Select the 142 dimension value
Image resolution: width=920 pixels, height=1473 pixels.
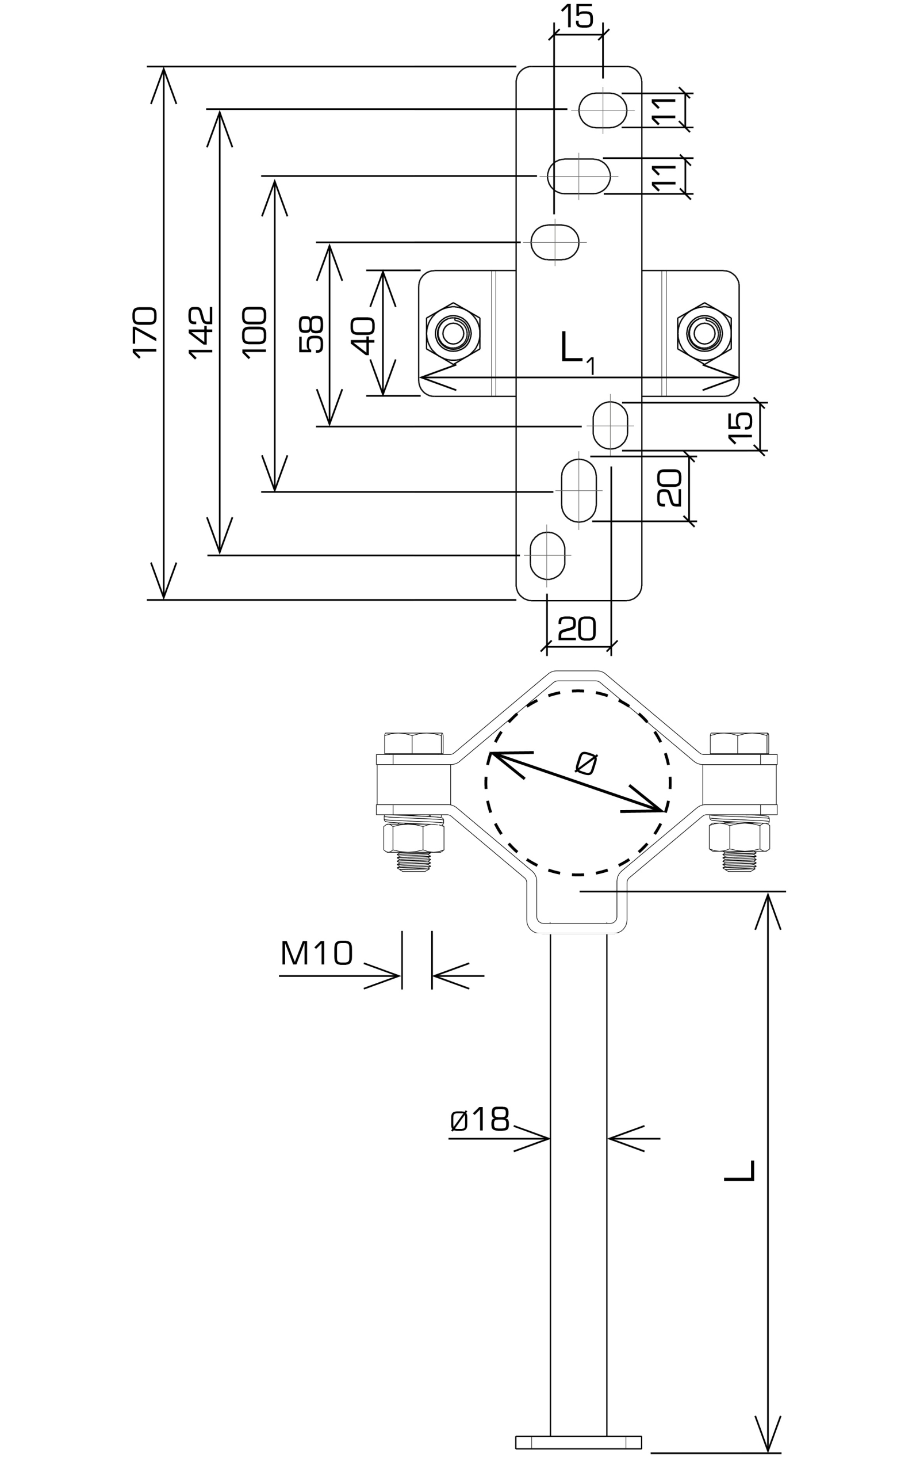[x=201, y=332]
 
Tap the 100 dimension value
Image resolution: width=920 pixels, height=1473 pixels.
[x=255, y=332]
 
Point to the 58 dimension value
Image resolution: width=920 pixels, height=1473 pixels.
[x=312, y=334]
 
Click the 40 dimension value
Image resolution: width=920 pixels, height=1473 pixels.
[x=365, y=335]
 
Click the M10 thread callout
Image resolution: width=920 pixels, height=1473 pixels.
[x=316, y=953]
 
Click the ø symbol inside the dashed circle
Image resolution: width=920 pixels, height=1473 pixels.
[x=586, y=764]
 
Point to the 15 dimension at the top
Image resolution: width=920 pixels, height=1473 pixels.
[x=577, y=17]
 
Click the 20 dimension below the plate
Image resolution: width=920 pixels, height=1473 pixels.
[x=577, y=629]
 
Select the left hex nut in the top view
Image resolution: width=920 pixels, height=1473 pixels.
[x=453, y=333]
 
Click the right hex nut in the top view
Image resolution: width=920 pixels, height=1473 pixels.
[x=704, y=333]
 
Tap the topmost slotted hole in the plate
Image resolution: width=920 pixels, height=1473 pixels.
[x=603, y=110]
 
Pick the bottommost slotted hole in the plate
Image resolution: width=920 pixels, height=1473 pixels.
[x=547, y=555]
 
